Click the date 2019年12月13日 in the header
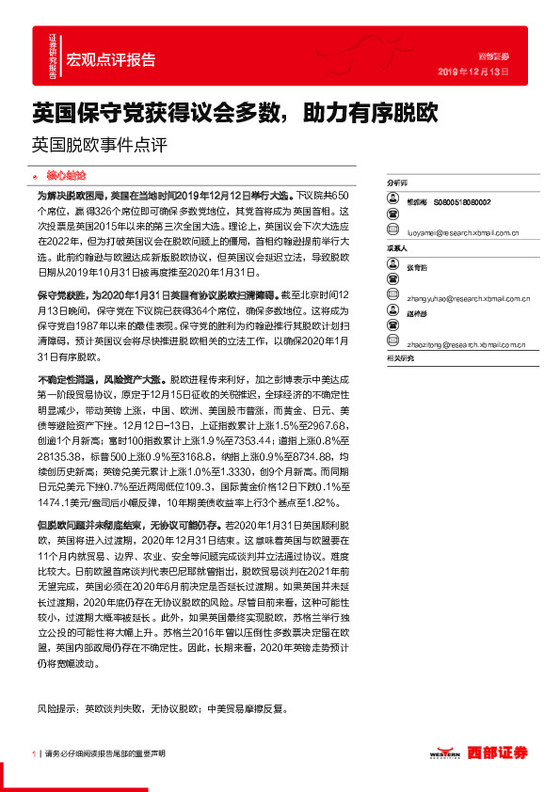tap(473, 71)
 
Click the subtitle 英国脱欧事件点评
tap(99, 145)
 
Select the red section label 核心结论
tap(66, 176)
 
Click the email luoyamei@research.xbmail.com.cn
tap(454, 228)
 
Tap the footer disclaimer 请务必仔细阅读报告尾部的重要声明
tap(105, 753)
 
